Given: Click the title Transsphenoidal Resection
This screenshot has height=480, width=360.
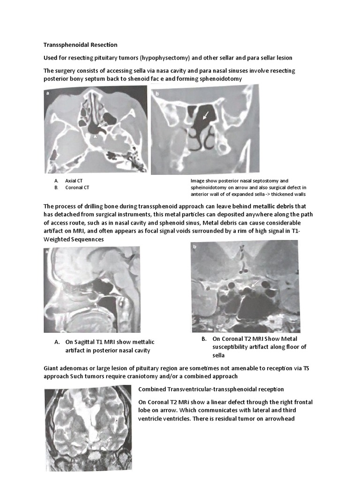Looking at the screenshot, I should (80, 45).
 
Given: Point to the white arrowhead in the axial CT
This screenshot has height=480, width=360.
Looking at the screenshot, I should (96, 137).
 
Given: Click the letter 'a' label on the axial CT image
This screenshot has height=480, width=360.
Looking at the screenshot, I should (48, 93).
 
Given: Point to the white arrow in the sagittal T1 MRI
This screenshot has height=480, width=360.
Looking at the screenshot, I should (97, 305).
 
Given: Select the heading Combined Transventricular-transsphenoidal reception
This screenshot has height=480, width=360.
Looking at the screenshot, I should (211, 390).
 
